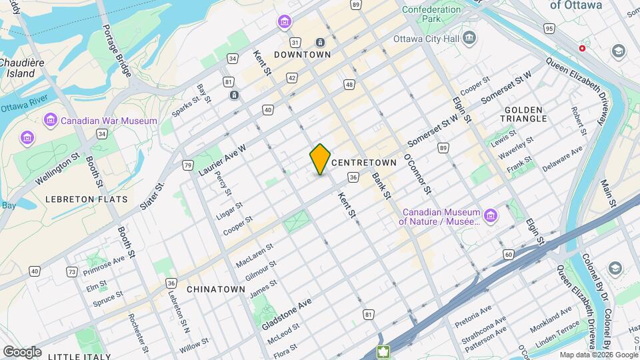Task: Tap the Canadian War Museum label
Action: (109, 121)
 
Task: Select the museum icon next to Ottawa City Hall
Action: (470, 37)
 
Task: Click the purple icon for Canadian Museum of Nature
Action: (491, 215)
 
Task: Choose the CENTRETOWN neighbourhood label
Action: (363, 163)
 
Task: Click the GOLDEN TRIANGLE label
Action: (525, 114)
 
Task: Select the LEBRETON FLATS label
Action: (77, 199)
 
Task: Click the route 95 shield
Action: (549, 29)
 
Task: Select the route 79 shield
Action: (188, 165)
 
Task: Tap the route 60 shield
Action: (508, 254)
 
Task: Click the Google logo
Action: (22, 351)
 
